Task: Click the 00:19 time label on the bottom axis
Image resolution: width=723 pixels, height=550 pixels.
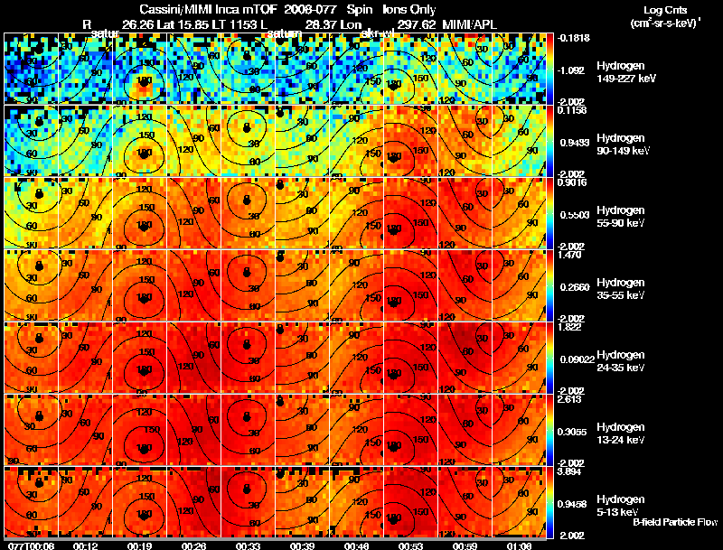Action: (140, 545)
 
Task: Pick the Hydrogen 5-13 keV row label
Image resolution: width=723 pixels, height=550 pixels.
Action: (620, 506)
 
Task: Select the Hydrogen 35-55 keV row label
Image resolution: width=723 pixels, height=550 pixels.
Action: (620, 289)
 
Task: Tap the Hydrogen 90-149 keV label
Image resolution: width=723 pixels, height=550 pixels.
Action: (622, 144)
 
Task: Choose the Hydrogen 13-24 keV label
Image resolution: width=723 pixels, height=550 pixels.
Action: (620, 433)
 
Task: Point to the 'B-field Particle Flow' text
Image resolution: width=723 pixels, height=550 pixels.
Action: (674, 522)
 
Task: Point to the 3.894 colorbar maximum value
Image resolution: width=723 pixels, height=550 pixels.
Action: (569, 471)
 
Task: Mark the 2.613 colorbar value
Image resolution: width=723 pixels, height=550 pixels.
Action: (569, 399)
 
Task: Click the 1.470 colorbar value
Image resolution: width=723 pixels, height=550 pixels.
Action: (569, 256)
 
